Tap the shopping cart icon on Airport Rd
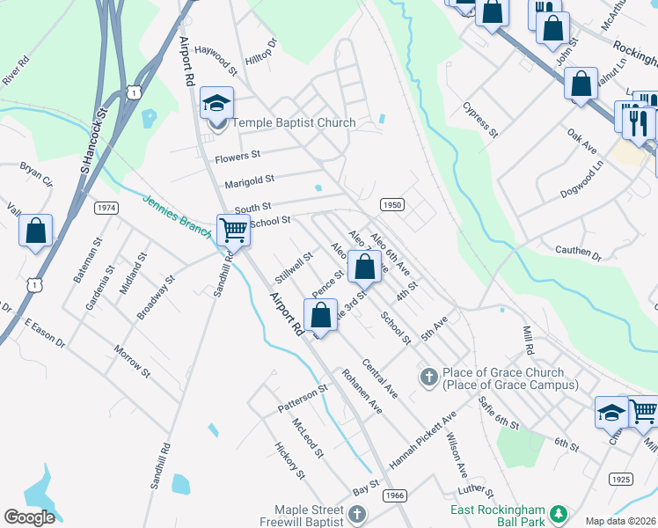[233, 231]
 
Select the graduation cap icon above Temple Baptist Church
[216, 104]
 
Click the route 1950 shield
[392, 204]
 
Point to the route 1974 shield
[106, 208]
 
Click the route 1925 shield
[621, 479]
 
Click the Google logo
[30, 517]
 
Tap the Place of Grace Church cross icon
[429, 378]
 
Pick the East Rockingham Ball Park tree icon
[556, 513]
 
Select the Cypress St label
[480, 120]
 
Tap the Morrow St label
[132, 362]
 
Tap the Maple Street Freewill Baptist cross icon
[356, 513]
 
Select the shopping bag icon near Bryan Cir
[35, 231]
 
